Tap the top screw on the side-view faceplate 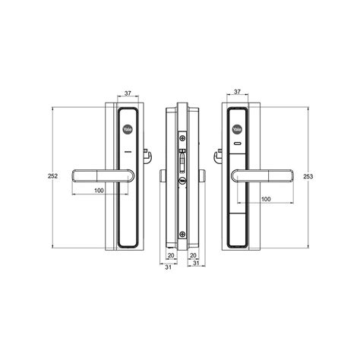[182, 138]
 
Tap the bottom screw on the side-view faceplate [182, 234]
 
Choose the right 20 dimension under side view [193, 255]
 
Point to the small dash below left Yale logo [128, 153]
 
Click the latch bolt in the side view [182, 163]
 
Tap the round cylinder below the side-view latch [182, 182]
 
